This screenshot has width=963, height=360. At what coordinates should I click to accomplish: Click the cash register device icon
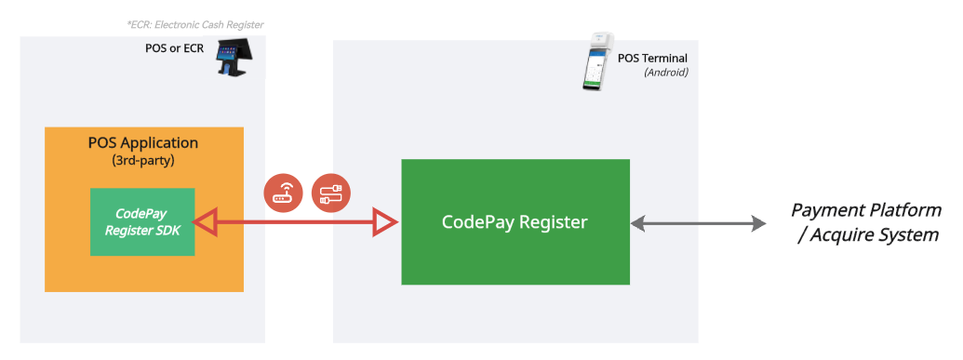234,58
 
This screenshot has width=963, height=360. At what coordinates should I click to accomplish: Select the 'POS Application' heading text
143,142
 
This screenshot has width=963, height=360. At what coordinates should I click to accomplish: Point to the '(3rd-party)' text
143,160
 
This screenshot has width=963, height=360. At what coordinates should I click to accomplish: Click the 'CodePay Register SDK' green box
142,222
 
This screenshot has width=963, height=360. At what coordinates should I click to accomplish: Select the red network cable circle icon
330,193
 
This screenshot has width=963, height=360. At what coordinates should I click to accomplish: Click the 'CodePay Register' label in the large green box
515,223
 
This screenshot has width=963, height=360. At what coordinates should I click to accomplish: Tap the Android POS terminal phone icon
594,62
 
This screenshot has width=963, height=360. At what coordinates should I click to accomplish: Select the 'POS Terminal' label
652,58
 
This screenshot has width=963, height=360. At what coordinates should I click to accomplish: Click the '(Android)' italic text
665,72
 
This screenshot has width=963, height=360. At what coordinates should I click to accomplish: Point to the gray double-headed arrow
698,223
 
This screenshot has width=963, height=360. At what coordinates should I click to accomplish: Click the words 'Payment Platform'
865,210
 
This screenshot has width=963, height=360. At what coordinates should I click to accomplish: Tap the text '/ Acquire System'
868,234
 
